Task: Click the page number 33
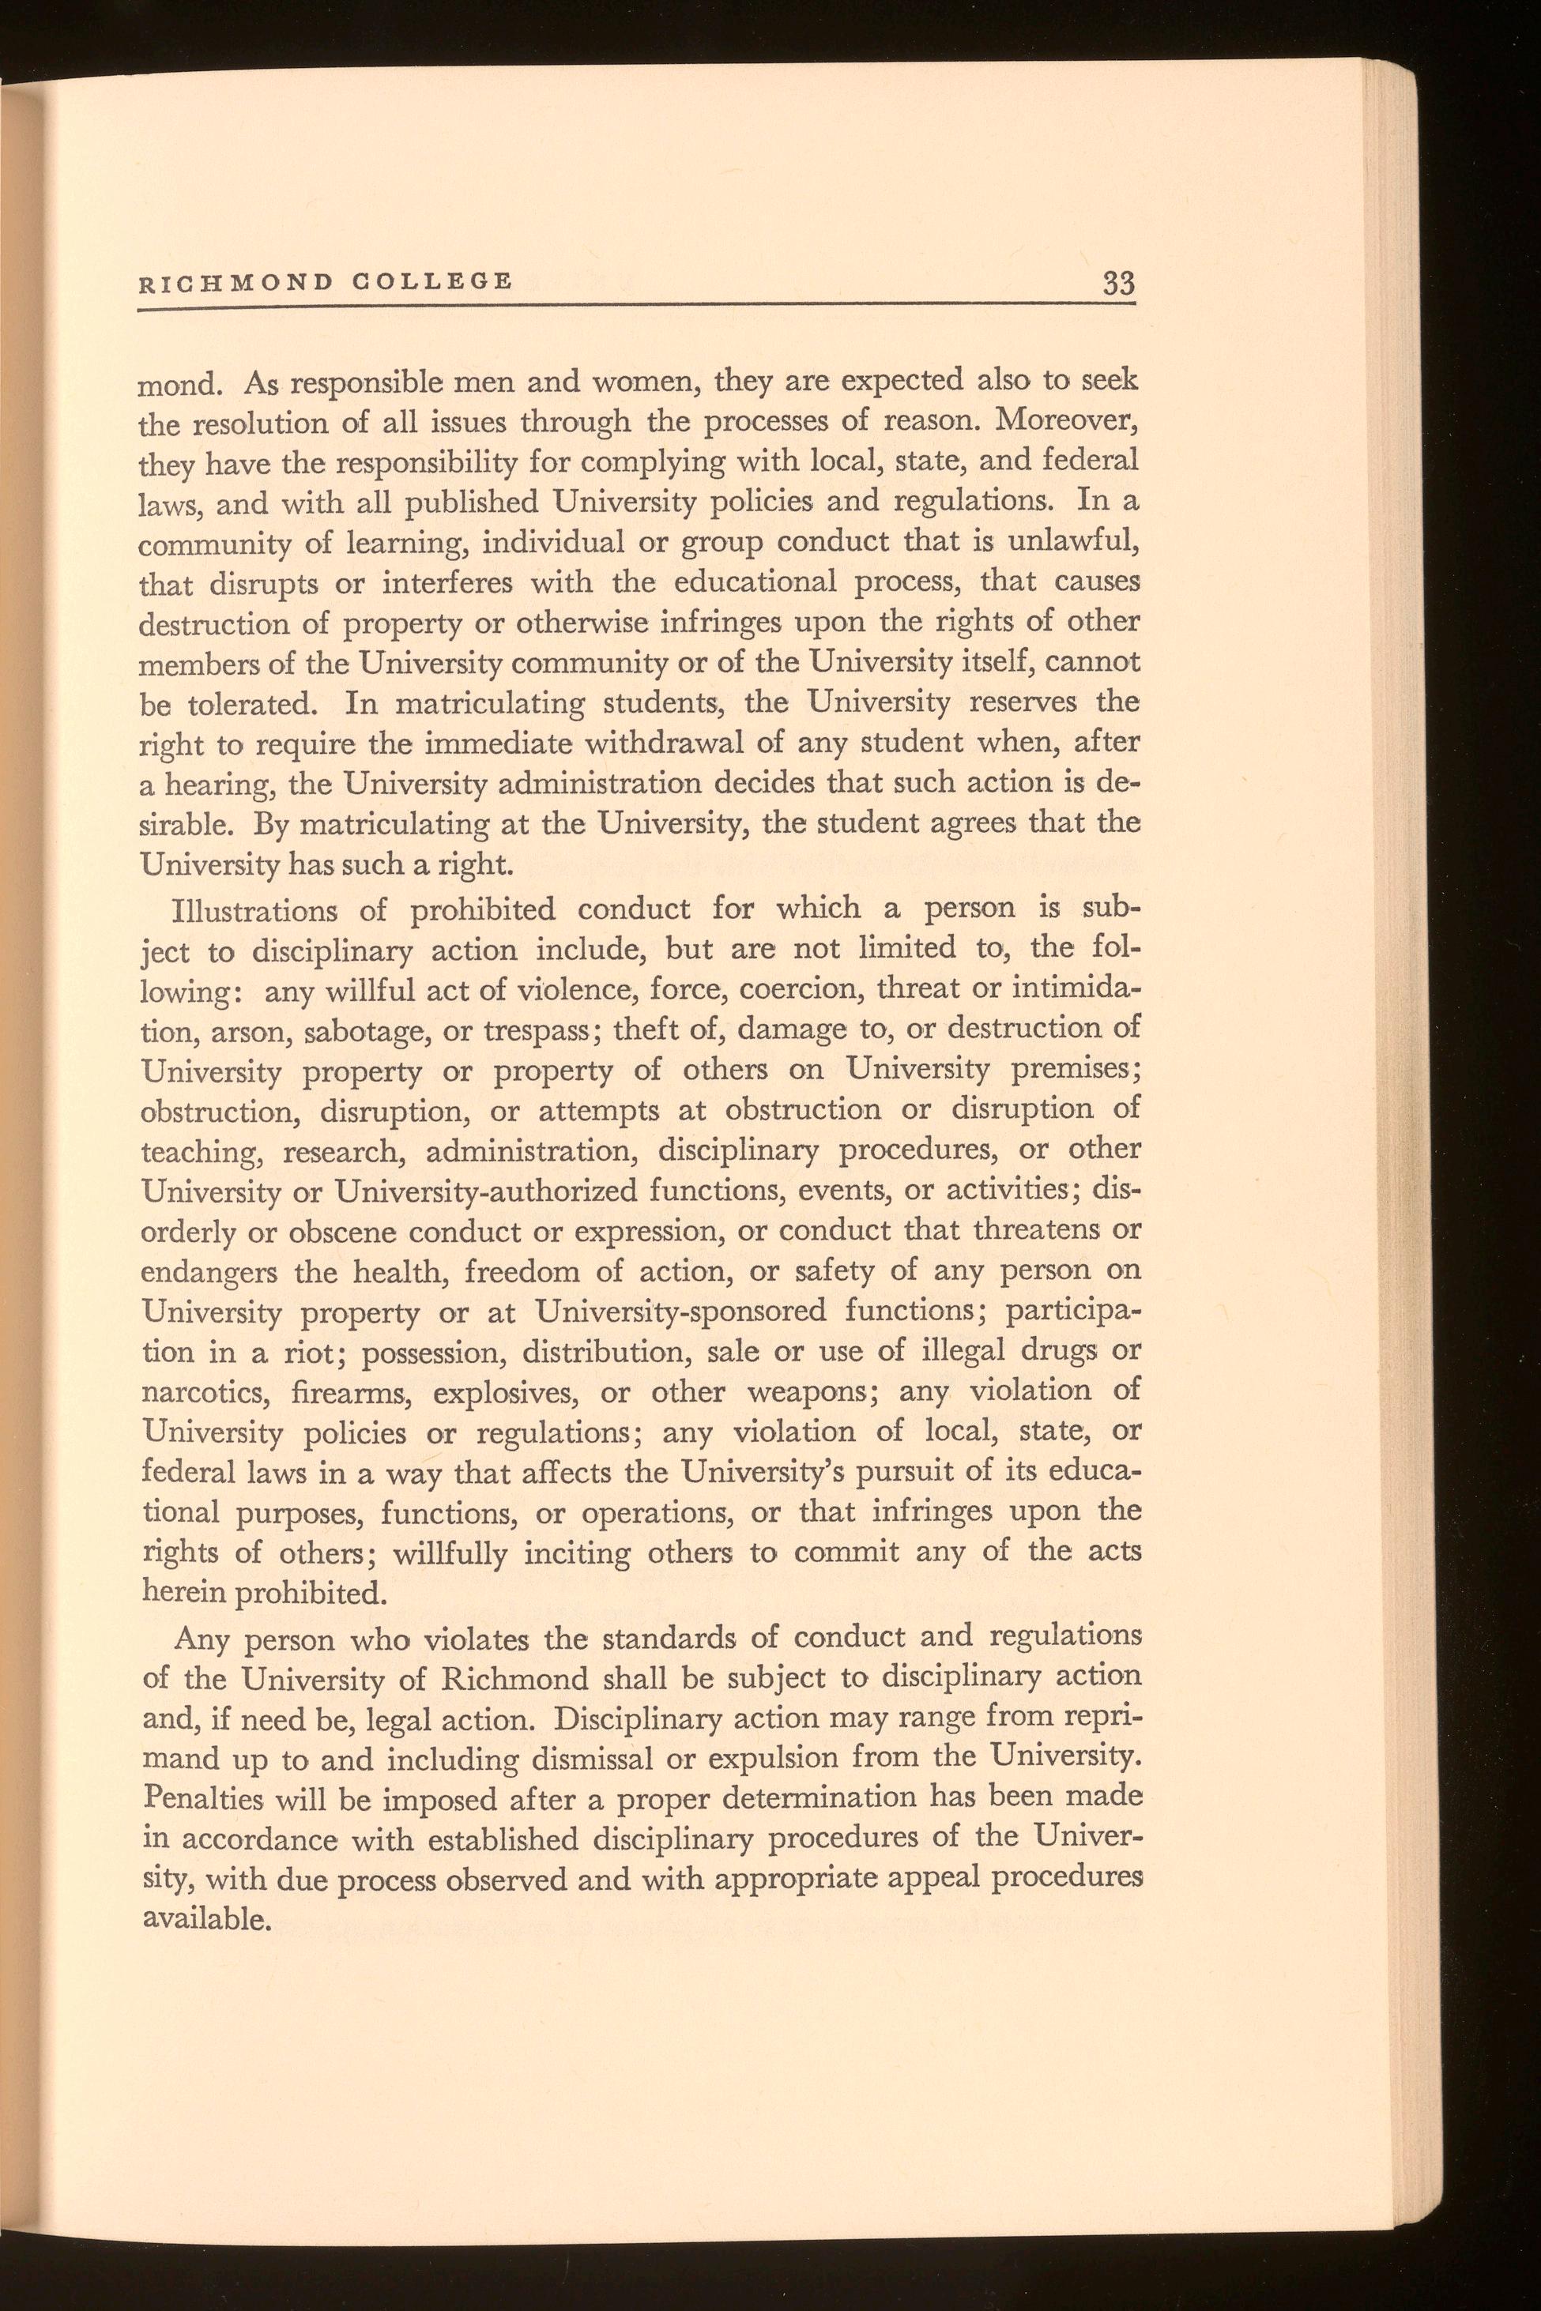(x=1118, y=284)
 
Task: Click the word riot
(x=315, y=1353)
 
